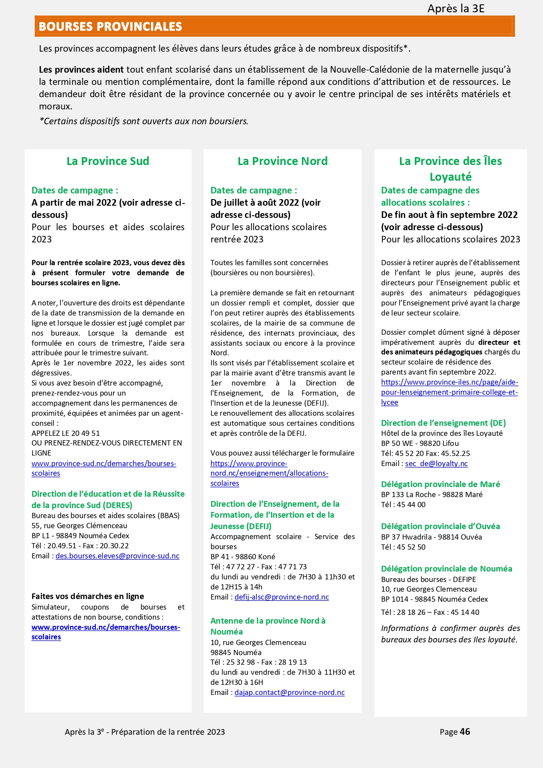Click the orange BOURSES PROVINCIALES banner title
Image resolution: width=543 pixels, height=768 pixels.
coord(110,27)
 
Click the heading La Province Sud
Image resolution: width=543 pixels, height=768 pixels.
coord(108,161)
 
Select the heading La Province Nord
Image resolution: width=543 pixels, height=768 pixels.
coord(282,161)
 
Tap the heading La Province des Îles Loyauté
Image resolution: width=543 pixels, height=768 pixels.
coord(450,168)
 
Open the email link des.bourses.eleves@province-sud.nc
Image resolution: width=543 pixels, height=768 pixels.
coord(117,556)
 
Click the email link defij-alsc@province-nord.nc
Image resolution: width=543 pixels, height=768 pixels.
coord(281,597)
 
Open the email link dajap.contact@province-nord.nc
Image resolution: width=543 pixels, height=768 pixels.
coord(289,692)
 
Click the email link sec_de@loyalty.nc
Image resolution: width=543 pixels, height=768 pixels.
coord(436,463)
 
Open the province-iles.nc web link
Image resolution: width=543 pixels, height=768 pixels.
coord(449,392)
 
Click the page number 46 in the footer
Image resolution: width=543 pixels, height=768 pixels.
coord(465,732)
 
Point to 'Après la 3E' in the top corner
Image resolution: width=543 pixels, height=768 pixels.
coord(456,8)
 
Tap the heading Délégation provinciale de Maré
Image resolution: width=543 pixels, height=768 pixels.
coord(440,484)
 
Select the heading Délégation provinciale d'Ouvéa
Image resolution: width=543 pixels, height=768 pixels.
coord(440,526)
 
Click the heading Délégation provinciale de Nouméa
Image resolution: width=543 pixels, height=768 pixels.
coord(446,568)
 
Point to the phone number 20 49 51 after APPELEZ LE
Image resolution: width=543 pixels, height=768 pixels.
coord(85,433)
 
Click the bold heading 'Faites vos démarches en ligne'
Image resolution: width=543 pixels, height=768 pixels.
coord(88,596)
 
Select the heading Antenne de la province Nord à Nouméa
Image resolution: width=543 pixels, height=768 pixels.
coord(268,626)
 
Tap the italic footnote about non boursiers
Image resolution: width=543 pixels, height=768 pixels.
coord(144,121)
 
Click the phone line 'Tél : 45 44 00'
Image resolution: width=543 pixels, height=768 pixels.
coord(403,505)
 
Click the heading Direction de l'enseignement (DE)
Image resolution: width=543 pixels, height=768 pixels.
coord(443,423)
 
